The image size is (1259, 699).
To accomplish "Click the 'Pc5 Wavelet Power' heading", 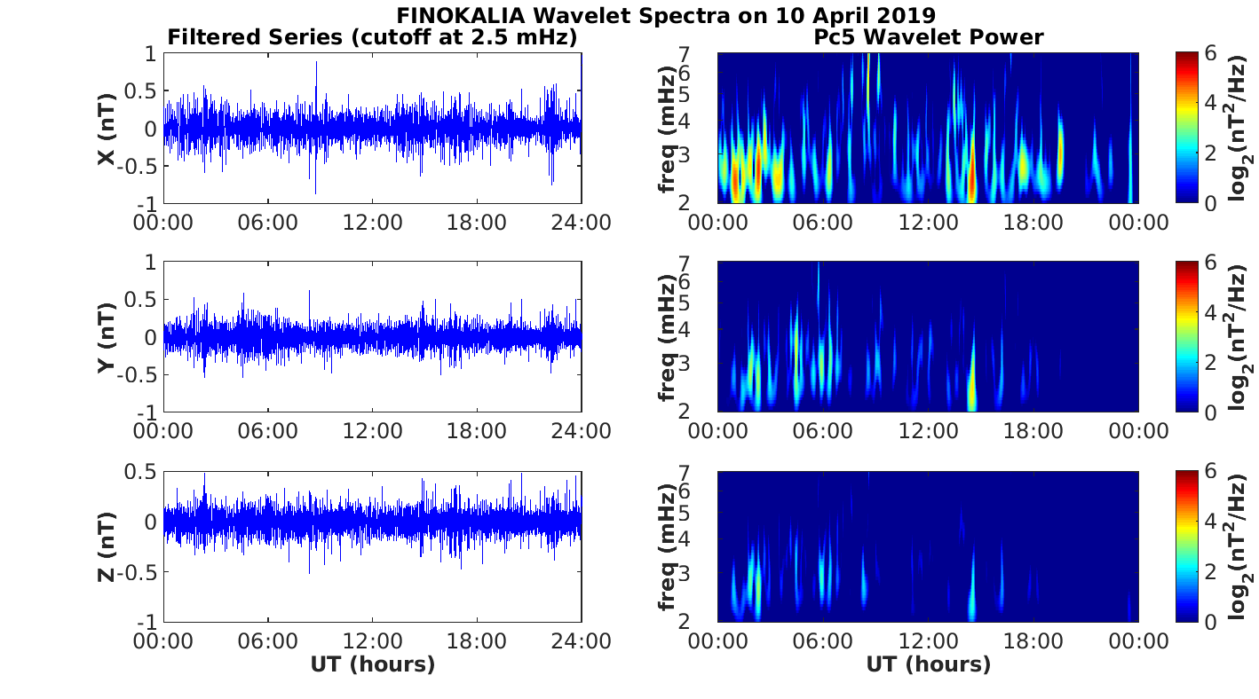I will [x=929, y=37].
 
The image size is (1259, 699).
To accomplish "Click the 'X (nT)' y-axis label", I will [x=107, y=129].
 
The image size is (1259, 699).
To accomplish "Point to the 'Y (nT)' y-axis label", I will [x=107, y=337].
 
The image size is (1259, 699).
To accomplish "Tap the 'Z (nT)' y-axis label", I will [x=107, y=546].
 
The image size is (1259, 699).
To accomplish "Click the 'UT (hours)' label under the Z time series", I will [x=373, y=664].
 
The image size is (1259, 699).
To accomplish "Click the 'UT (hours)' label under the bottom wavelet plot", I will [x=929, y=664].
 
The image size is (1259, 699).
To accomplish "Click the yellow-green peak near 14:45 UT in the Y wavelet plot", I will [x=972, y=386].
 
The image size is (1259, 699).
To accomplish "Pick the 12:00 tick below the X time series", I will [x=372, y=222].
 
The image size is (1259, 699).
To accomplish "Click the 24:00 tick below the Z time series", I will [x=581, y=640].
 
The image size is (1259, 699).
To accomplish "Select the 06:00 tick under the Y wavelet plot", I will [x=822, y=430].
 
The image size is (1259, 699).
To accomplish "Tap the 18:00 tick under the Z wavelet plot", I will [x=1033, y=640].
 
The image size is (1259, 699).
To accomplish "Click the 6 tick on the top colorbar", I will [x=1211, y=54].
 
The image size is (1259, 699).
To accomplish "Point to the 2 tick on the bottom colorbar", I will [x=1211, y=572].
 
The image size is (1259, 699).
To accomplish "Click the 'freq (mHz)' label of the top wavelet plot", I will [x=667, y=129].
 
